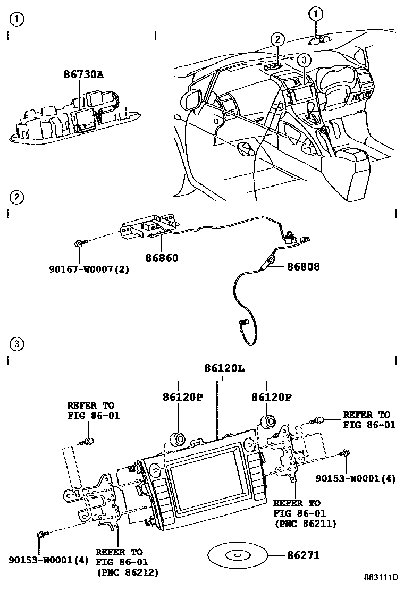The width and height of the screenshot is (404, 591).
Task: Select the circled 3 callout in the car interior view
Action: click(302, 61)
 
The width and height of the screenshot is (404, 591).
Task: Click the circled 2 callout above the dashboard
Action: click(276, 39)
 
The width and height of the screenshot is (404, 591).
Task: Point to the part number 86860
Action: click(162, 258)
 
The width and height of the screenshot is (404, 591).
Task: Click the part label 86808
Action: click(304, 266)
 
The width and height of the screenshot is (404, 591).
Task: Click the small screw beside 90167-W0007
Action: click(78, 243)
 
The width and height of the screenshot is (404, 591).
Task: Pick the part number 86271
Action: click(304, 555)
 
